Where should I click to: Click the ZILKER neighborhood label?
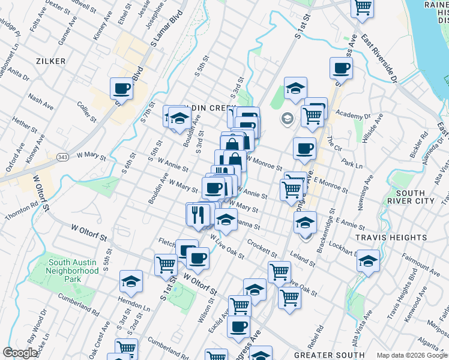50,61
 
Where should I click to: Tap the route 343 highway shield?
62,156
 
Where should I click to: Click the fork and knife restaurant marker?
198,214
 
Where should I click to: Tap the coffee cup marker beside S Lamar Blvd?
121,89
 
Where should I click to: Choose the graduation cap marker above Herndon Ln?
130,281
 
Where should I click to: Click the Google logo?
20,353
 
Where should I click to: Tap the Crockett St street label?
261,246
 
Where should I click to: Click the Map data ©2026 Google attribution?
412,355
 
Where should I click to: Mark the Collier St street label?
86,111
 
